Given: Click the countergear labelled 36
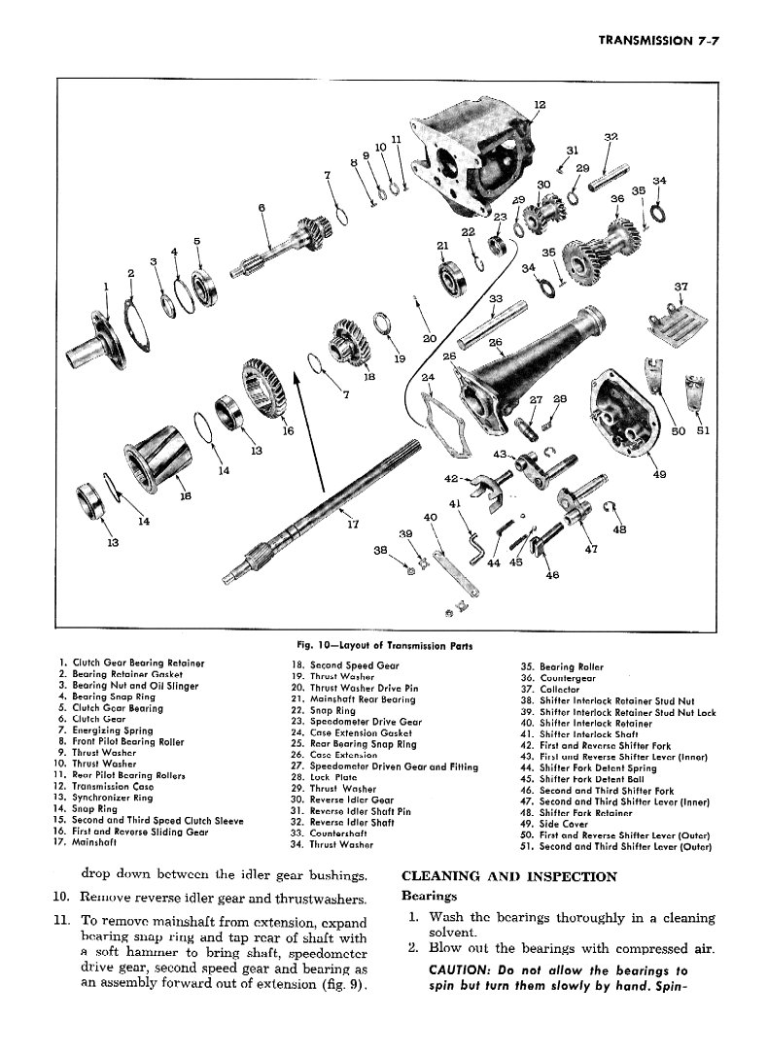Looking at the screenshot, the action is [601, 248].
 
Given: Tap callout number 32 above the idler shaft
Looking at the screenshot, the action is [611, 137].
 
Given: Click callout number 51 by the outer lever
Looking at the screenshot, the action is [703, 431].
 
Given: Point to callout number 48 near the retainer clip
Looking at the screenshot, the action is [620, 529].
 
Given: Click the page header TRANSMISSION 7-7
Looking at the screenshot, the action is [659, 41].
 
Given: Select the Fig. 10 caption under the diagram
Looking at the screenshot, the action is [385, 646].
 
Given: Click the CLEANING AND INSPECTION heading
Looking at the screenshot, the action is [509, 876].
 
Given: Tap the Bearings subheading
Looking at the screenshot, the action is [429, 896].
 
